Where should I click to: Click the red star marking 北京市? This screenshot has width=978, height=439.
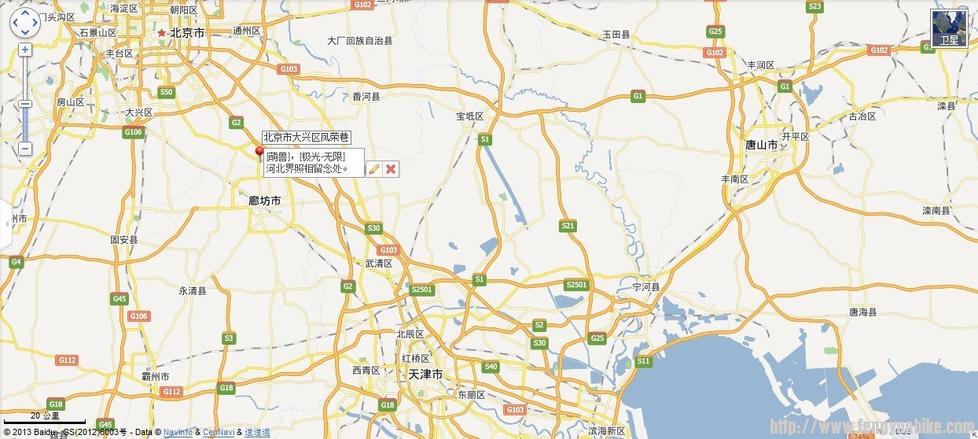[x=162, y=33]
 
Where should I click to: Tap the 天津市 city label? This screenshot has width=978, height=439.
[x=425, y=374]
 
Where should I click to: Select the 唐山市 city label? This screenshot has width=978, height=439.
[x=761, y=146]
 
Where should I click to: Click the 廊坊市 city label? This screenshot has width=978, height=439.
[x=264, y=201]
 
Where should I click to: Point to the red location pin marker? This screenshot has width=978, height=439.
[x=259, y=152]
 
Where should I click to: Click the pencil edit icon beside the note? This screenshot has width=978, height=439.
[x=374, y=168]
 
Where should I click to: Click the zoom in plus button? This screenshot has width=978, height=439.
[x=25, y=50]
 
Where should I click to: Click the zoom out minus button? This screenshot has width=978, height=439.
[x=25, y=148]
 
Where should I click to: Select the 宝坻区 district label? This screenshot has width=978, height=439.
[x=470, y=116]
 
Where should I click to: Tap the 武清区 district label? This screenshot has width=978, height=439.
[x=378, y=264]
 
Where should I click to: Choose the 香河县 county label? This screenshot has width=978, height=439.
[x=366, y=97]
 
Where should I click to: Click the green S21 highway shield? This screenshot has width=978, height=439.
[x=568, y=226]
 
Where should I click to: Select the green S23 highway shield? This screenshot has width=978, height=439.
[x=814, y=7]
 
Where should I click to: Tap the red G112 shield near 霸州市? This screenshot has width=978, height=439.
[x=171, y=391]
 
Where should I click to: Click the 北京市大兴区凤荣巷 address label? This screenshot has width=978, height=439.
[x=306, y=138]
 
